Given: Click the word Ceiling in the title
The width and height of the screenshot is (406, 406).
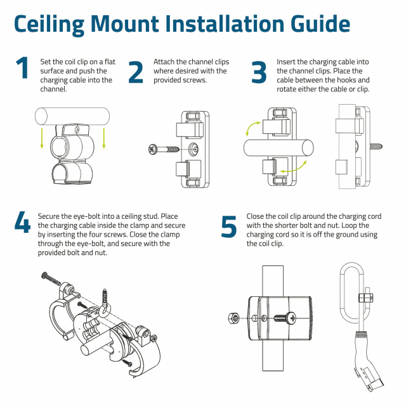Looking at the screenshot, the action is point(49,25).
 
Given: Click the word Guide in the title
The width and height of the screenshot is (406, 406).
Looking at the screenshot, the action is point(320,24).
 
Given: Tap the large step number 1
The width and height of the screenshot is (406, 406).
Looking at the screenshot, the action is point(22,68).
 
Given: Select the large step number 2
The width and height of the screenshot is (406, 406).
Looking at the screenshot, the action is point(136,72).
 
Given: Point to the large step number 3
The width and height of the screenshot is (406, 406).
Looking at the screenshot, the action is point(259,72).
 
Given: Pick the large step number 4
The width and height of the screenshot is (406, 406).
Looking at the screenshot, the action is point(23,222).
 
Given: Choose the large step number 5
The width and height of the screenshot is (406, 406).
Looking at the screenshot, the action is point(229,227).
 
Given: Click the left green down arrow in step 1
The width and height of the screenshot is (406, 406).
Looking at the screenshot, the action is point(42,138).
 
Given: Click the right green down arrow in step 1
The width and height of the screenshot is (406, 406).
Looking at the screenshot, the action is point(104,138).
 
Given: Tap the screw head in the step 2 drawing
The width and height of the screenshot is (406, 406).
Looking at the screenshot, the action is point(152,150).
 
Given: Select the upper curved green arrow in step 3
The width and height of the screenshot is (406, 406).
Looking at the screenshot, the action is point(251,128).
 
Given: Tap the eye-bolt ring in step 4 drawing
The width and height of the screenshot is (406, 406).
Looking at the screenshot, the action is point(103,310).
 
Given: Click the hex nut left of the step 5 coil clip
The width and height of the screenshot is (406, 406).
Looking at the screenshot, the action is point(234,318).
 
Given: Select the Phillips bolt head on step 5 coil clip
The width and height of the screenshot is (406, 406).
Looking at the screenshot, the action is point(291,318).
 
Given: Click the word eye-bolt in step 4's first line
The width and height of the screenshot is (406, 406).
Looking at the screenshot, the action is point(86,216).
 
